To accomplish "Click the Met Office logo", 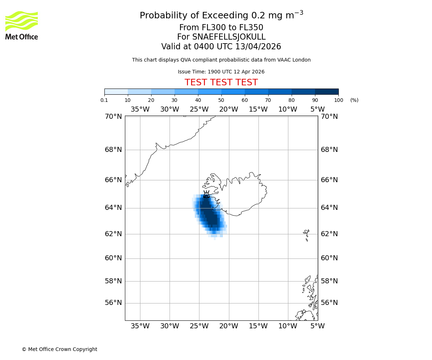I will (22, 25).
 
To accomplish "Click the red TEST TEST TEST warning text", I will (221, 83).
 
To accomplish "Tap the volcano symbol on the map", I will (206, 195).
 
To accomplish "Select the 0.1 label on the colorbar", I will (104, 100).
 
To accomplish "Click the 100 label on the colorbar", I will (338, 100).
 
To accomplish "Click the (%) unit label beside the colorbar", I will (354, 100).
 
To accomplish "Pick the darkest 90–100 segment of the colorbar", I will (327, 91).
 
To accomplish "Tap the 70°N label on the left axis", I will (113, 117).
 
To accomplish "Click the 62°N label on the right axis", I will (329, 234).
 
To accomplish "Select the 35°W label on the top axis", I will (140, 109).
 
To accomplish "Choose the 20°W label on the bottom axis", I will (229, 327).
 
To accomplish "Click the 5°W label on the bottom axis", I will (318, 327).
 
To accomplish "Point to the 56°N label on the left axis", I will (113, 303).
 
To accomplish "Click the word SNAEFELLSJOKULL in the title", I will (229, 37).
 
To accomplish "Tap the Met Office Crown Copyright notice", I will (59, 350).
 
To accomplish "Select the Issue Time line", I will (221, 72).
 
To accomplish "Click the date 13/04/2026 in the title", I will (258, 47).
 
